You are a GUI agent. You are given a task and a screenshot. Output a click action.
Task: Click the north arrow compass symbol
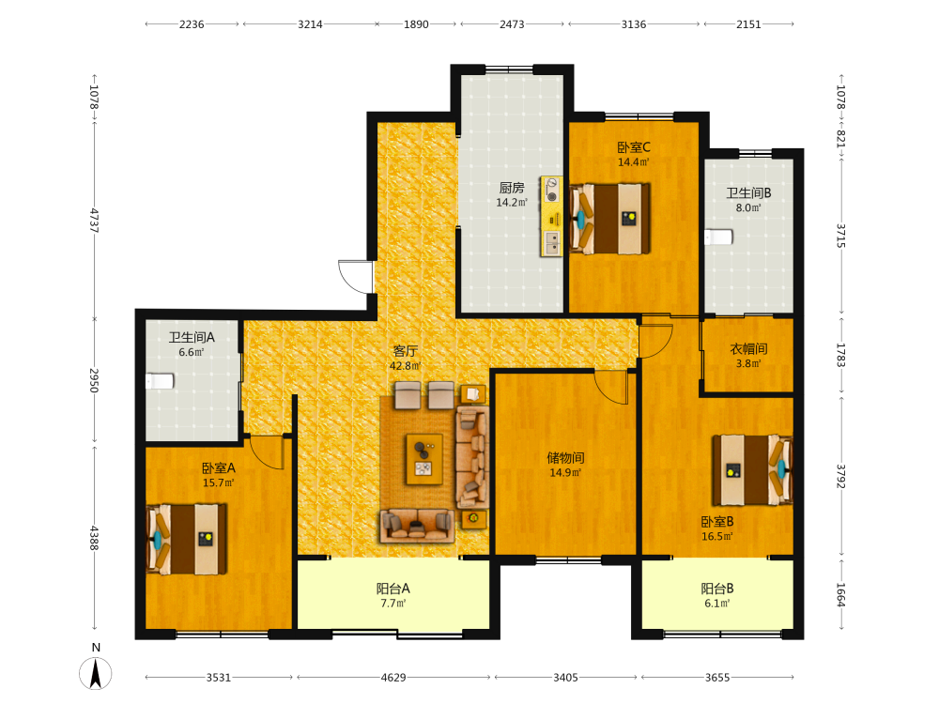(x=95, y=673)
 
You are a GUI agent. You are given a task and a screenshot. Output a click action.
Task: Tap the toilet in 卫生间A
(x=160, y=381)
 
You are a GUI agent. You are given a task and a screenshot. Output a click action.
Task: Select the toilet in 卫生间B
(x=718, y=237)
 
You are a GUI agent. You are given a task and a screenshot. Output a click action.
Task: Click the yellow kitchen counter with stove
(x=551, y=217)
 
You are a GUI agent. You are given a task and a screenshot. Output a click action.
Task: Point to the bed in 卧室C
(x=609, y=219)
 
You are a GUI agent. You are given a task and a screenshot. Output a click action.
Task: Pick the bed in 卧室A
(x=187, y=540)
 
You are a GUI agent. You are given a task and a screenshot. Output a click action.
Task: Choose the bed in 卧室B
(x=752, y=470)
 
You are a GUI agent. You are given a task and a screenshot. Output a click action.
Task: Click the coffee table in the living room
(x=424, y=459)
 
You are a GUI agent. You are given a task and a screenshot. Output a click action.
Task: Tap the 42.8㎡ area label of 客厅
(x=406, y=366)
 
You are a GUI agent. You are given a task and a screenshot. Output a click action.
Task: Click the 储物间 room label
(x=565, y=458)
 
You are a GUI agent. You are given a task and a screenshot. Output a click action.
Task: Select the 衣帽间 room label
(x=748, y=349)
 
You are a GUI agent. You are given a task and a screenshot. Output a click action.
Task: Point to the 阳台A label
(x=393, y=589)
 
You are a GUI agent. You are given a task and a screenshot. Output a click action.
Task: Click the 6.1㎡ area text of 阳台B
(x=717, y=604)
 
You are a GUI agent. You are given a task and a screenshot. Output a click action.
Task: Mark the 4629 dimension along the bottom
(x=393, y=677)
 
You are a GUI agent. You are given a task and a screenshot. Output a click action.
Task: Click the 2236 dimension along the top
(x=192, y=24)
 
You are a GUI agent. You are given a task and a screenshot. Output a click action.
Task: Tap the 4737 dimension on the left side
(x=94, y=221)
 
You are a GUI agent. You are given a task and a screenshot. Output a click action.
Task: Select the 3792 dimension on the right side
(x=840, y=476)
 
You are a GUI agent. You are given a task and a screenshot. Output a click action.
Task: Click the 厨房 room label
(x=512, y=188)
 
